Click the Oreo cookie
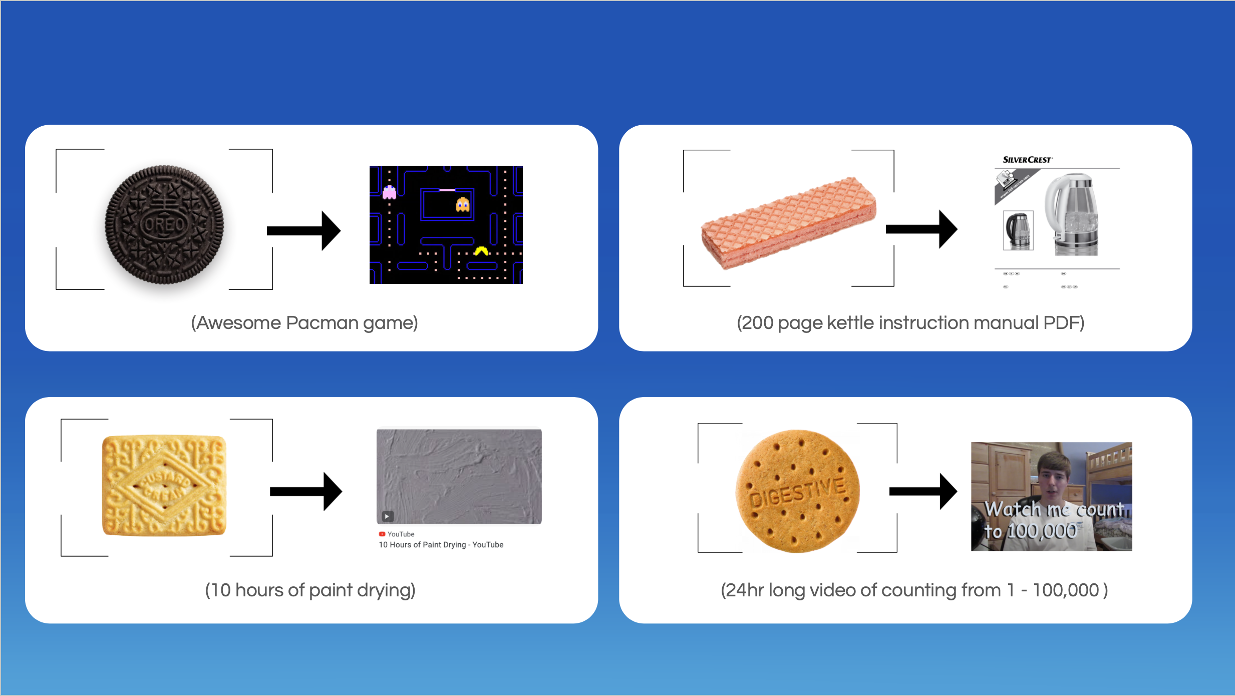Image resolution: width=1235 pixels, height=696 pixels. click(164, 224)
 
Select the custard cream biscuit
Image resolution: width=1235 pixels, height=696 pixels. click(164, 485)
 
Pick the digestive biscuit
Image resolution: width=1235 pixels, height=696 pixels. click(797, 491)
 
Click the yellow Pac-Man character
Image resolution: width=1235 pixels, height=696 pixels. click(481, 251)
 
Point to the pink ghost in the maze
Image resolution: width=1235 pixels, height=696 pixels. click(389, 192)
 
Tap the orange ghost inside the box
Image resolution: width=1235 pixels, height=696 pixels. click(462, 204)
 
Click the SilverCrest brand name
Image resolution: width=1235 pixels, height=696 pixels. click(1027, 160)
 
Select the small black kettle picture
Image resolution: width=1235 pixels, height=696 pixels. click(1018, 230)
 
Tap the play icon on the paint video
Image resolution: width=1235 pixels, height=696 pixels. click(387, 516)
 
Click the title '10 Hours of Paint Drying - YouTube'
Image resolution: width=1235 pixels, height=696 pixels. click(441, 545)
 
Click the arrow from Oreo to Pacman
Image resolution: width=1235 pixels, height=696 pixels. click(303, 230)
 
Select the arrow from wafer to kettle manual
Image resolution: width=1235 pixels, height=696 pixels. click(921, 229)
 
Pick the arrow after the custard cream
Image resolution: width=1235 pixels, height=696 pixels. click(305, 491)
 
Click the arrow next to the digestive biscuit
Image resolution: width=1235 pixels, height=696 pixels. click(923, 491)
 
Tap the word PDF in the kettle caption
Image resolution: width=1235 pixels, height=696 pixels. click(1063, 323)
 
